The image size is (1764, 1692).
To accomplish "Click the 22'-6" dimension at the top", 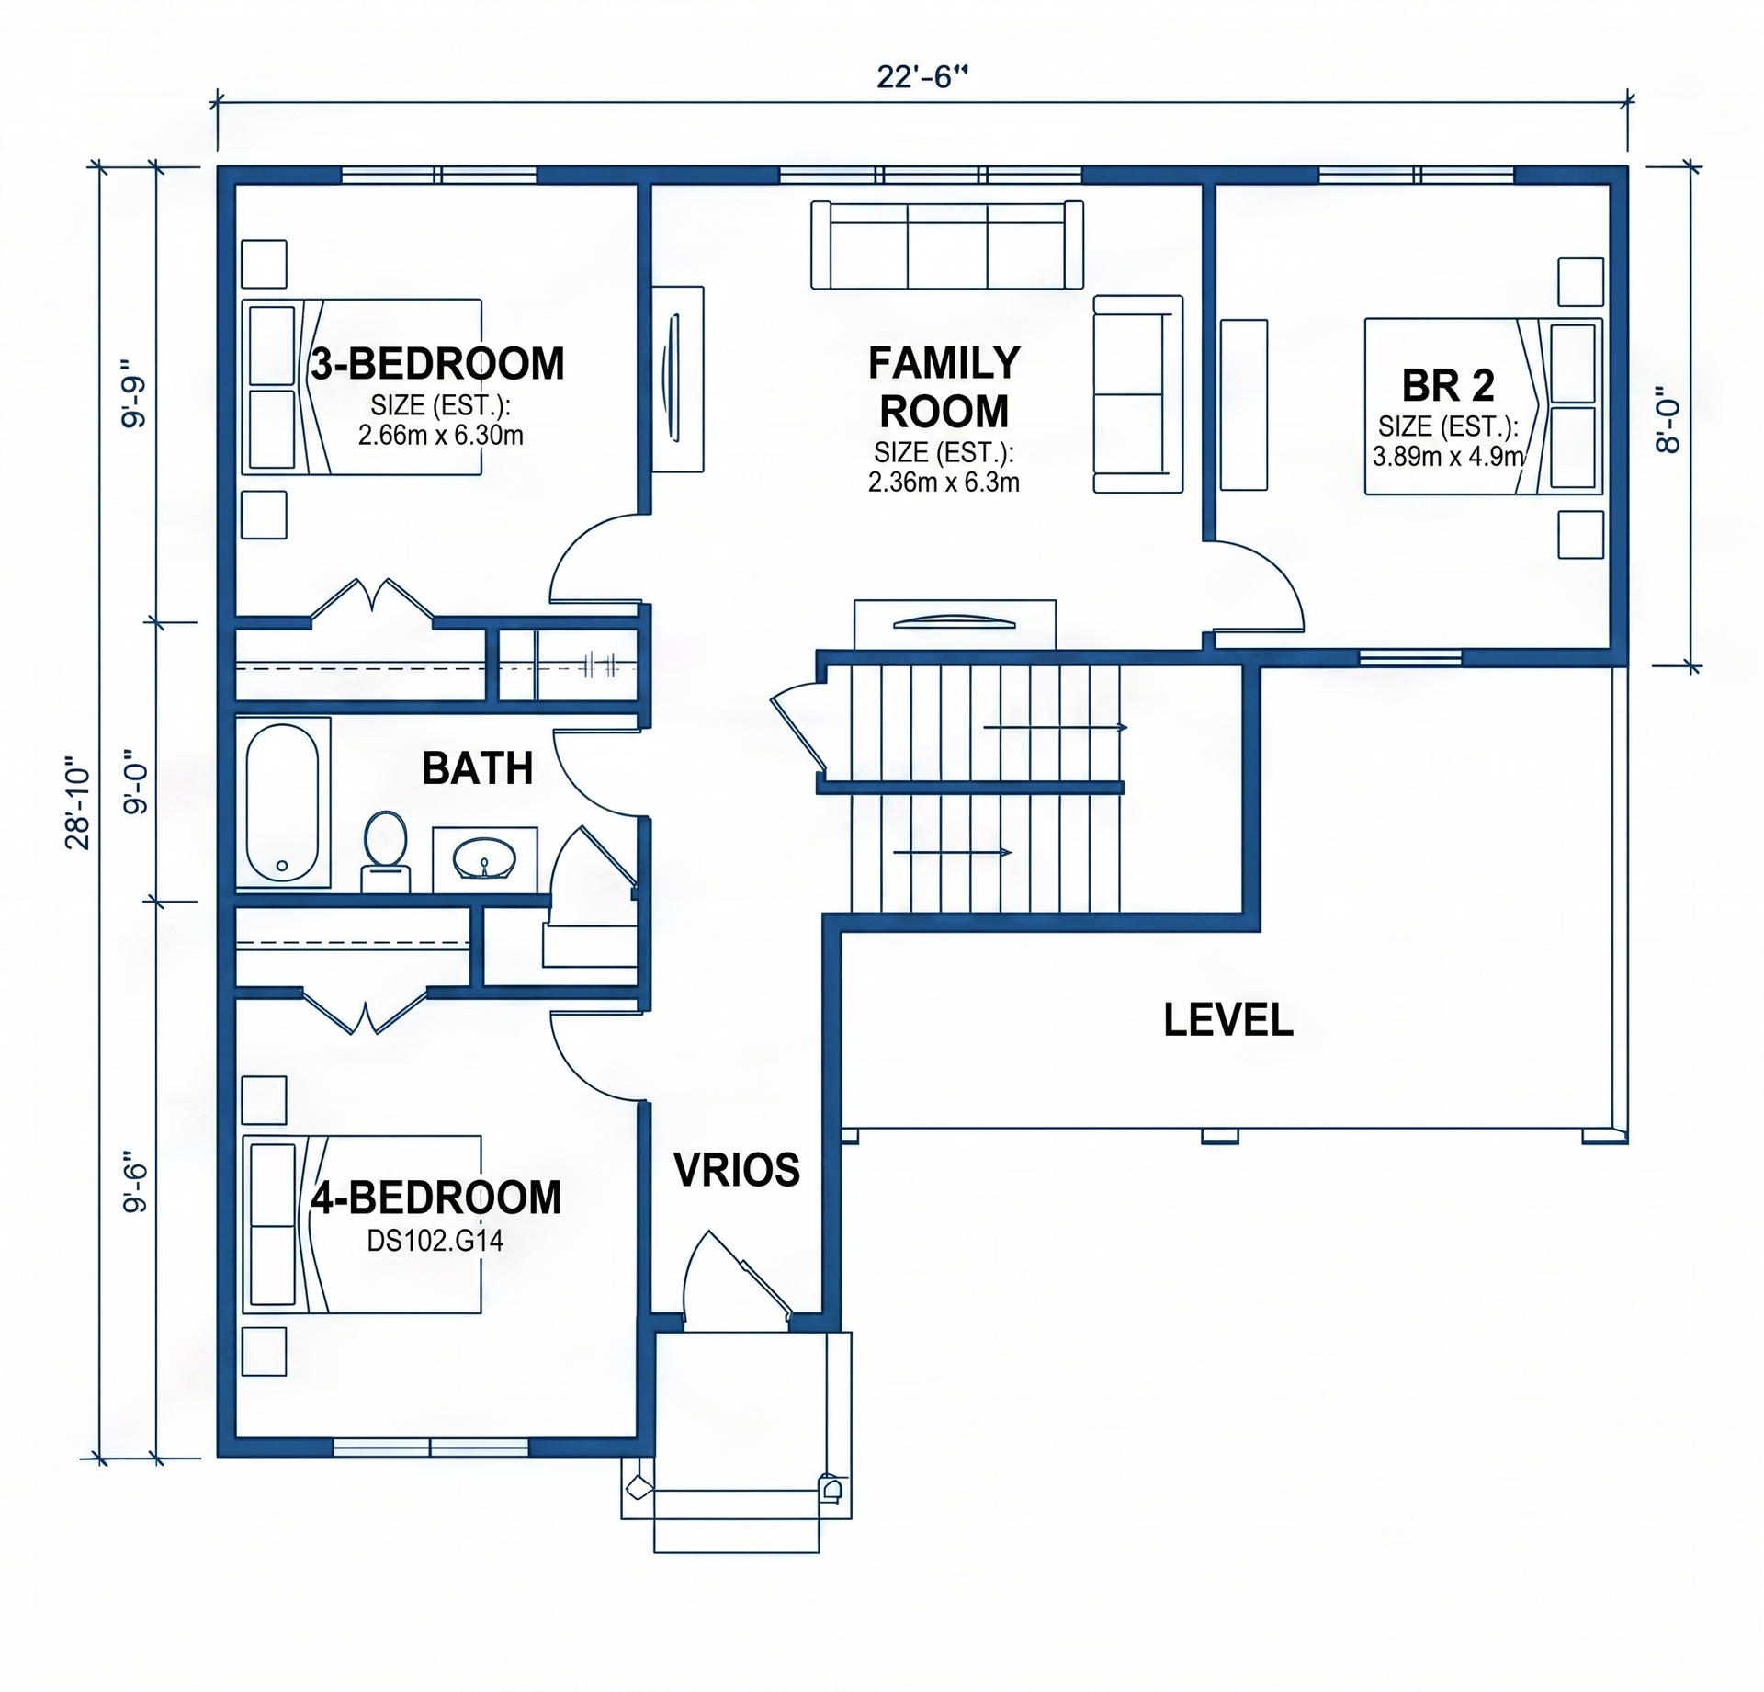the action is [x=922, y=76].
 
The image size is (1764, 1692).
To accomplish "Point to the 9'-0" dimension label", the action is [x=136, y=788].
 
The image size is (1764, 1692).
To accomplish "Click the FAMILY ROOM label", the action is [x=944, y=387].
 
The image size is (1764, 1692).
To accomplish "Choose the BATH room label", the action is [x=477, y=768].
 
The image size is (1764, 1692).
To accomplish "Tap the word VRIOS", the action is [x=737, y=1169].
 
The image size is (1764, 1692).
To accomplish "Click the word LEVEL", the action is [x=1228, y=1020].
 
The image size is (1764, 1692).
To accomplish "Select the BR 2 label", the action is [x=1448, y=386].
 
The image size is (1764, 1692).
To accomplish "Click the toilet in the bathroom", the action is [x=386, y=851].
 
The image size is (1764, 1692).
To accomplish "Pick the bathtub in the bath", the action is [x=283, y=803].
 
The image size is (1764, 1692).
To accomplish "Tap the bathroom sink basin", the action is [x=484, y=859].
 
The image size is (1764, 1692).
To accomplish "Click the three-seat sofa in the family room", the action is [x=947, y=245].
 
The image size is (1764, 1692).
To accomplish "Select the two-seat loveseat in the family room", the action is [x=1137, y=394].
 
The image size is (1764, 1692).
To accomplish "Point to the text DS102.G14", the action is [x=435, y=1242].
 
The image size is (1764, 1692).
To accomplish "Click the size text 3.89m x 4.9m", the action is [x=1448, y=457].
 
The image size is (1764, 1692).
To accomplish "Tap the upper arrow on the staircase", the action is [x=1056, y=727].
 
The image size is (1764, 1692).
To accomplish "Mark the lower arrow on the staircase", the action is [x=953, y=852].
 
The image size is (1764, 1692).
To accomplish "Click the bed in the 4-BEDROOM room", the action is [x=361, y=1224].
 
